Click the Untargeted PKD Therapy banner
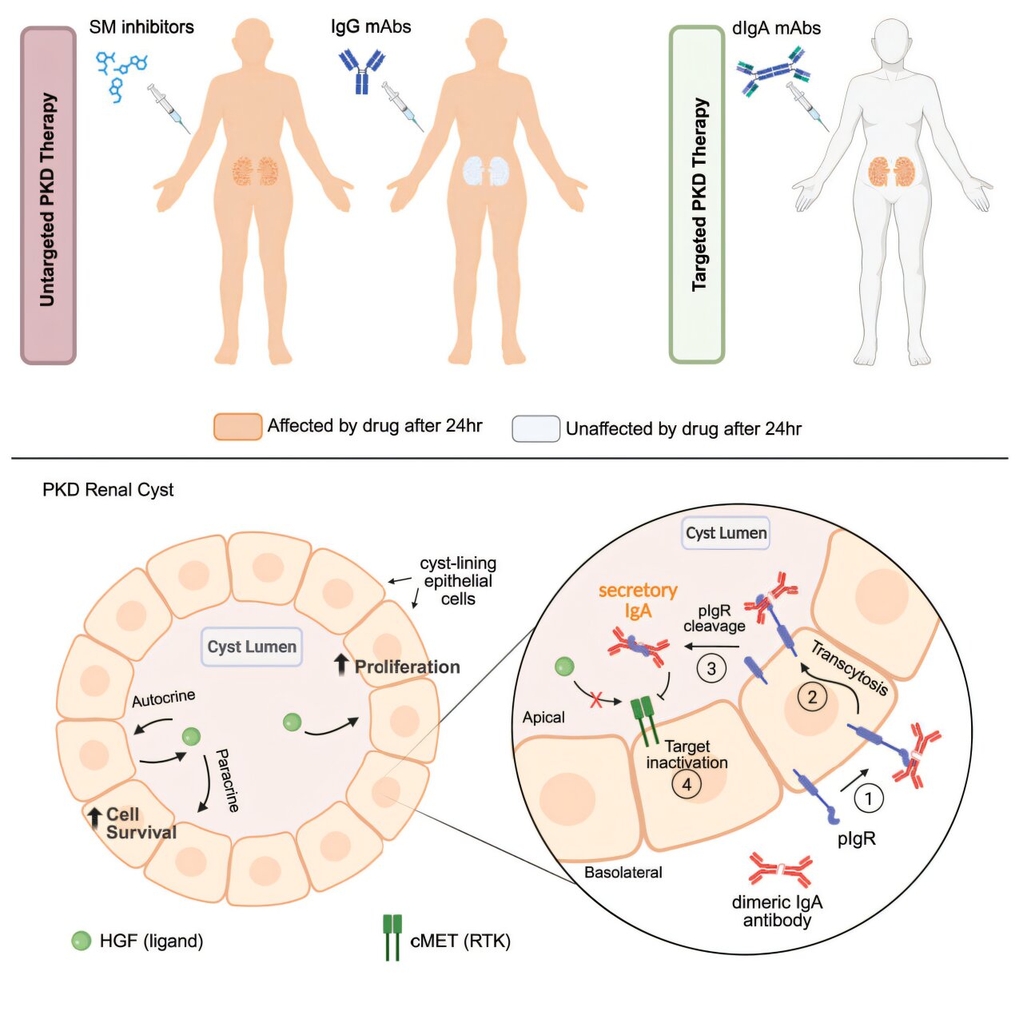pyautogui.click(x=48, y=196)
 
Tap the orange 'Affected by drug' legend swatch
pyautogui.click(x=237, y=426)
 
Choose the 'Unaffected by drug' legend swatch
pyautogui.click(x=535, y=428)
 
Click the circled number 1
pyautogui.click(x=869, y=798)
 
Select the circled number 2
pyautogui.click(x=813, y=697)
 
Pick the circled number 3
pyautogui.click(x=711, y=667)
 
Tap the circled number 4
pyautogui.click(x=687, y=785)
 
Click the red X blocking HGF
pyautogui.click(x=596, y=701)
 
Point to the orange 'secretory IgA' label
pyautogui.click(x=638, y=600)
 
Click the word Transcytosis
pyautogui.click(x=850, y=668)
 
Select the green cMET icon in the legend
pyautogui.click(x=392, y=937)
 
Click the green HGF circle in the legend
pyautogui.click(x=82, y=941)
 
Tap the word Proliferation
pyautogui.click(x=407, y=667)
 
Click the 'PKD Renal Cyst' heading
pyautogui.click(x=108, y=490)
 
